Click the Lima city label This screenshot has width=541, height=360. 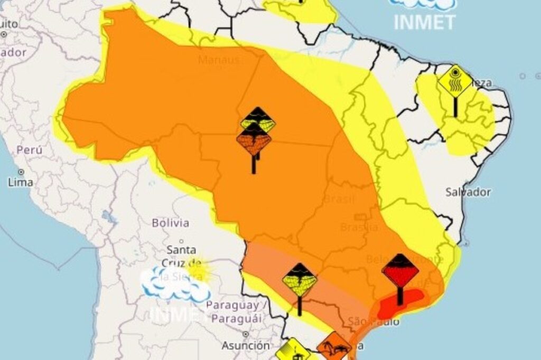[x=20, y=183]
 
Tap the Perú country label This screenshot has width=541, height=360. [x=29, y=150]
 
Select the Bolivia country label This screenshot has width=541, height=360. [x=170, y=223]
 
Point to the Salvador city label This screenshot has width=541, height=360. [x=468, y=192]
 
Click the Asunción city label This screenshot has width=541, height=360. [x=246, y=346]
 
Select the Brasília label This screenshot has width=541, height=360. [x=359, y=228]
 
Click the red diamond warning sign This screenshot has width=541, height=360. [x=400, y=270]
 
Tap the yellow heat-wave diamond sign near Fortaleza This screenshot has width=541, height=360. [x=455, y=81]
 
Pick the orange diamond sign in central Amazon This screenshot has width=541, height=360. [x=254, y=141]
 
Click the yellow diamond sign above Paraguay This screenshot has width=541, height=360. [x=300, y=280]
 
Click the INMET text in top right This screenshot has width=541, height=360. [x=424, y=22]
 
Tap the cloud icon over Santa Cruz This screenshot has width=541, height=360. [x=174, y=282]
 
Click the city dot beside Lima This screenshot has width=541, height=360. [x=21, y=172]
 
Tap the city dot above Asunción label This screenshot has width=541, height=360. [x=245, y=334]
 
